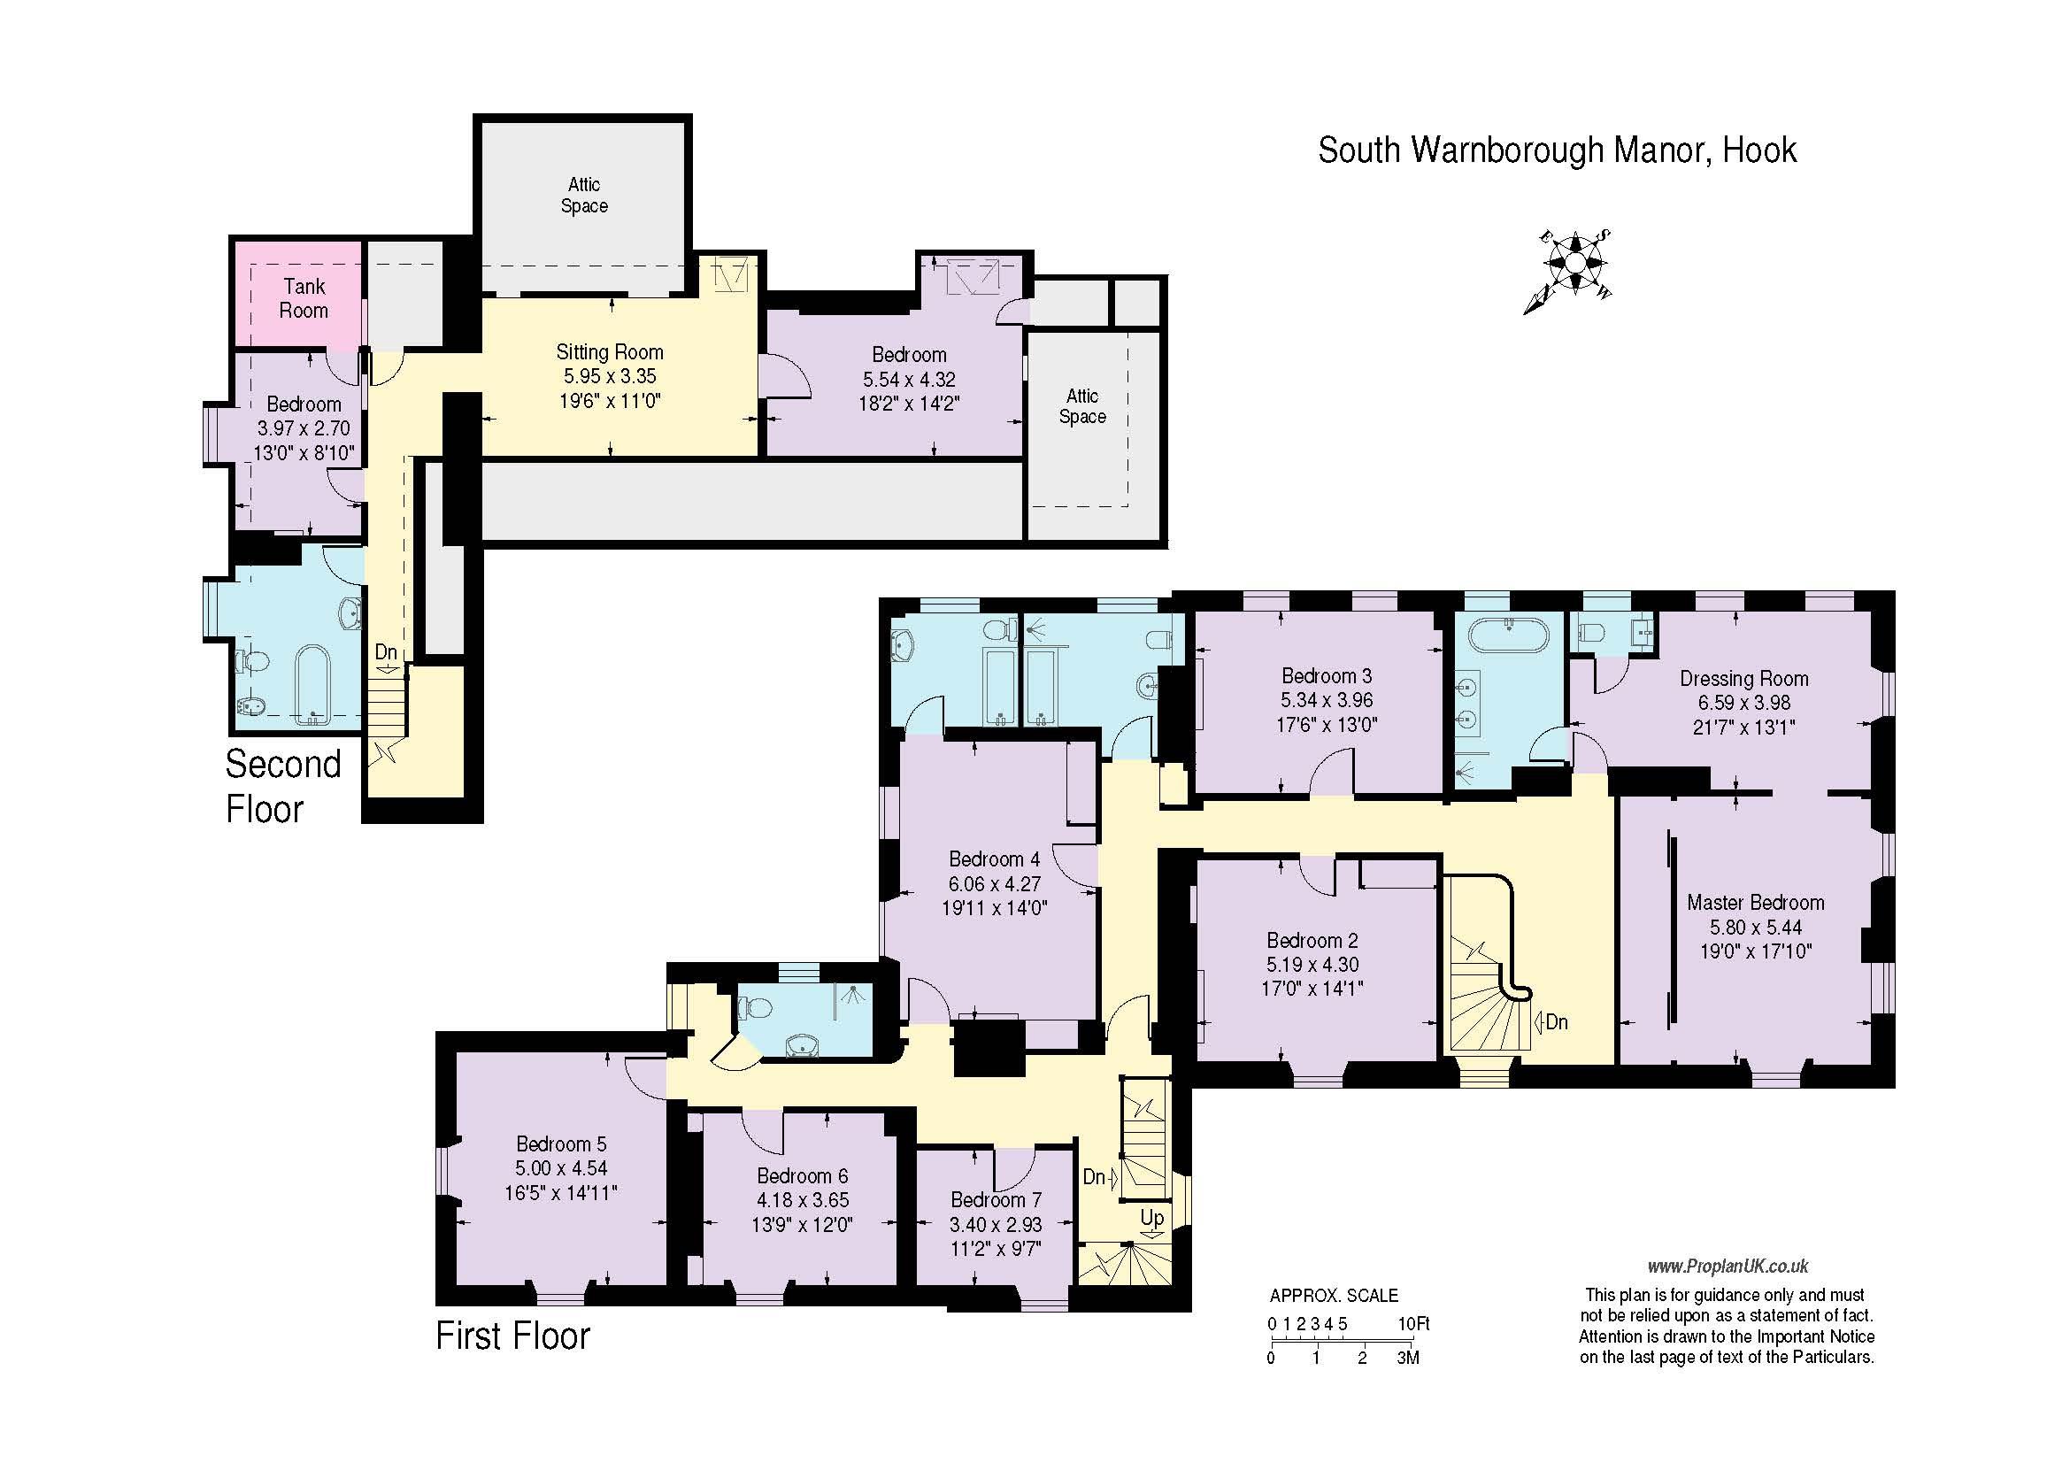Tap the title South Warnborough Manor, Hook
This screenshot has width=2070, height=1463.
click(1557, 150)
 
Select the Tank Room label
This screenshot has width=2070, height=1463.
click(304, 298)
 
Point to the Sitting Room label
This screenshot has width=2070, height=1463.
click(610, 351)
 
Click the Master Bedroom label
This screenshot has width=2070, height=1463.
click(1755, 903)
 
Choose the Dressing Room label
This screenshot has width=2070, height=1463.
click(1743, 678)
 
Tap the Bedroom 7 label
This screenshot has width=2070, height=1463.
click(997, 1200)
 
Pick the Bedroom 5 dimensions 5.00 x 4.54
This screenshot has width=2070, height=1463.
click(561, 1168)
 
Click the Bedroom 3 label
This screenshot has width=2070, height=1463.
click(1327, 675)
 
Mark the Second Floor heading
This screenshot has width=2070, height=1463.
click(282, 786)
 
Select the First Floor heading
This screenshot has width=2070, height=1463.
click(513, 1335)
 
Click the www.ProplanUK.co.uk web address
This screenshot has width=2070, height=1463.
click(1728, 1267)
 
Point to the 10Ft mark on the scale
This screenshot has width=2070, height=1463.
click(1413, 1324)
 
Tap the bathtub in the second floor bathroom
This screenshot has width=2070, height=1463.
click(314, 684)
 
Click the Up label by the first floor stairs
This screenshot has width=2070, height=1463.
click(1152, 1219)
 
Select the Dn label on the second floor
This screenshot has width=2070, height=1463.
click(386, 651)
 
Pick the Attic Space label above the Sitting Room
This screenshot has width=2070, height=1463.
click(584, 195)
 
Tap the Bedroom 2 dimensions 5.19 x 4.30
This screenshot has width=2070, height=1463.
click(1312, 965)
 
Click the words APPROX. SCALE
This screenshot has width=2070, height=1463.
click(1335, 1296)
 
